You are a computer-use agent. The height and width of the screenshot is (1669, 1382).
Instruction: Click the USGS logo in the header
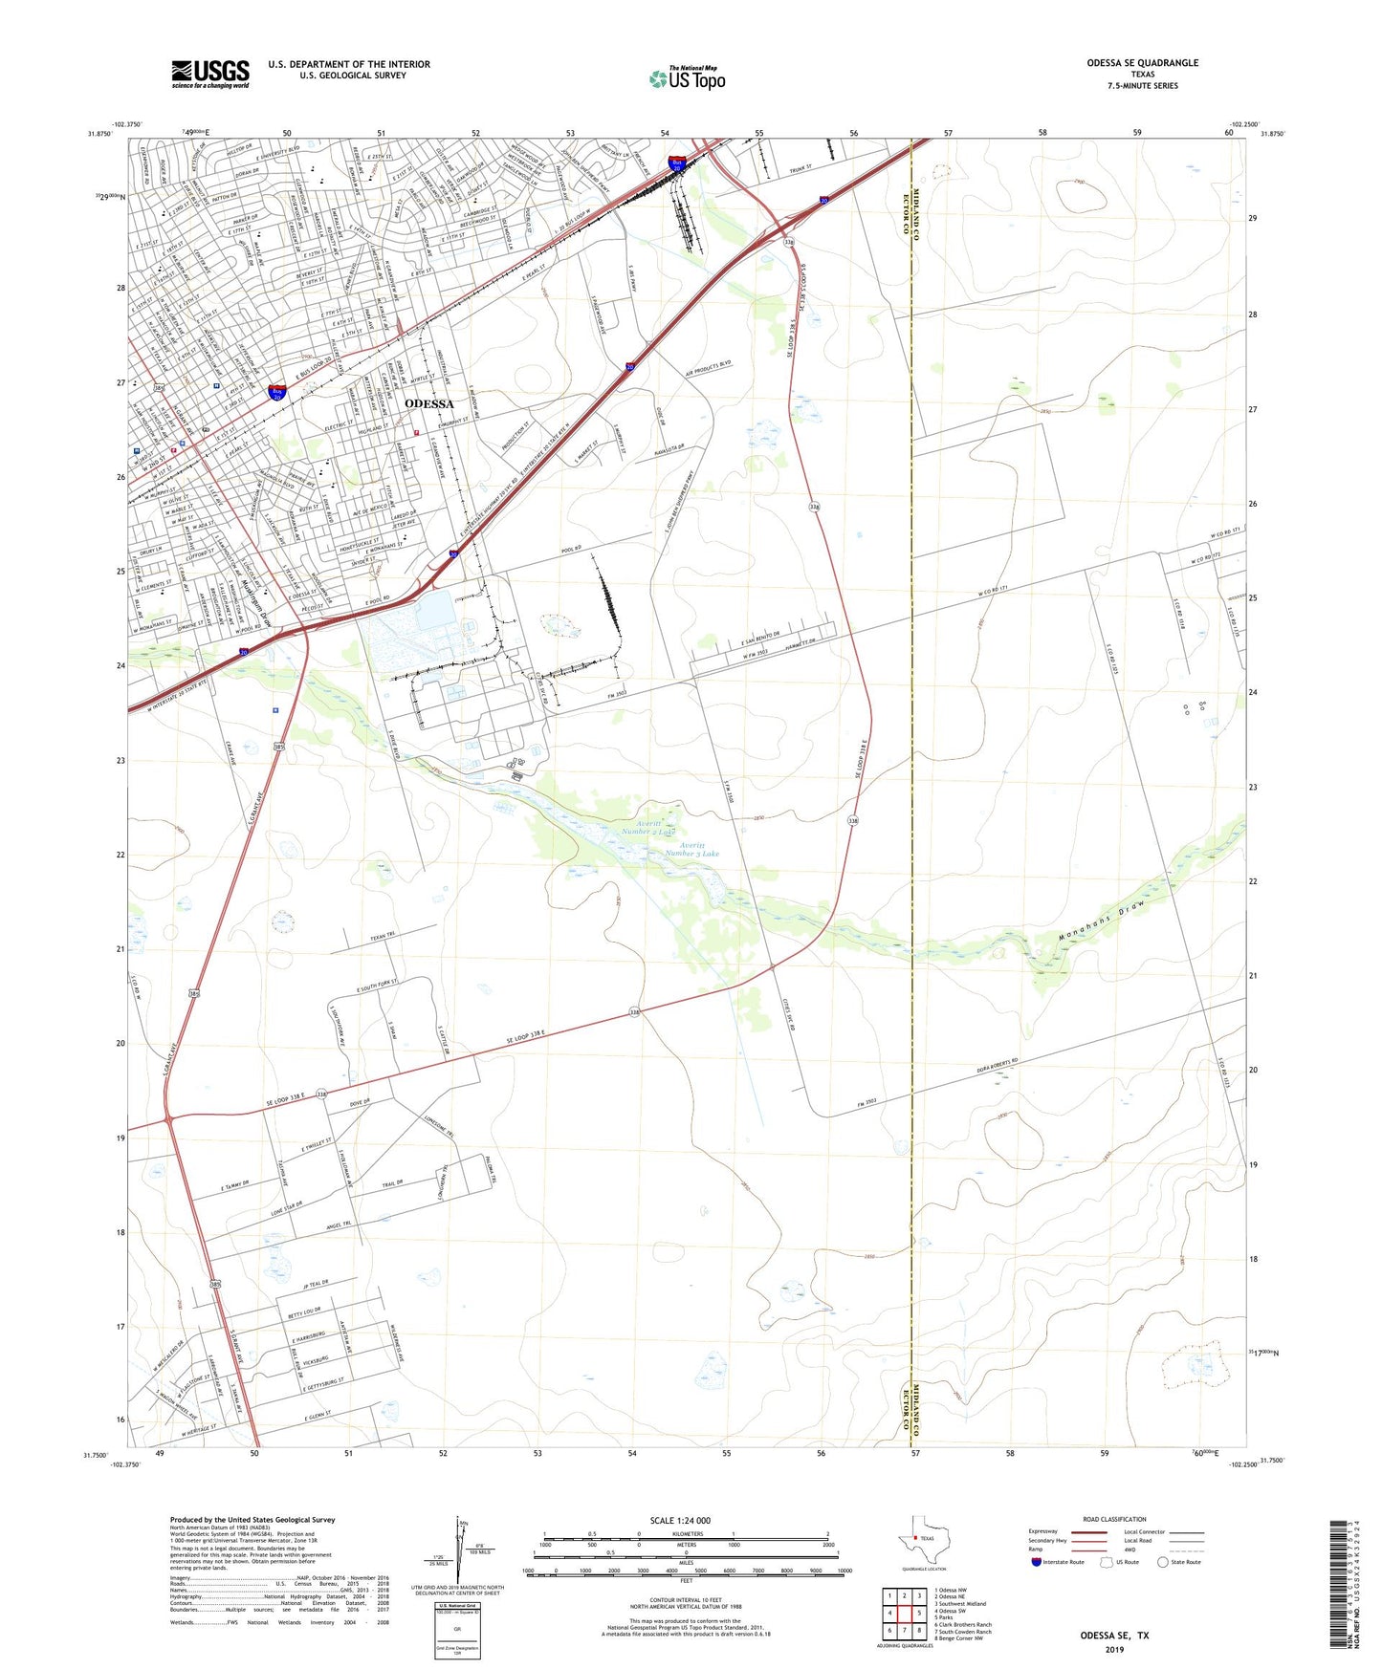[x=210, y=74]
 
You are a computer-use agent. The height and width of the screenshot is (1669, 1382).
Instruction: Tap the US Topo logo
[x=687, y=78]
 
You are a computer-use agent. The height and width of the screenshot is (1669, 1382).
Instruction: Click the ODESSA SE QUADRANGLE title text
[x=1142, y=63]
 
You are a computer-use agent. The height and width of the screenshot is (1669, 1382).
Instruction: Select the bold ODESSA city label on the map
[x=429, y=404]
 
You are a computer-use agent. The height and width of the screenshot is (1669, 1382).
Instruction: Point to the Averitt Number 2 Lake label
[x=643, y=828]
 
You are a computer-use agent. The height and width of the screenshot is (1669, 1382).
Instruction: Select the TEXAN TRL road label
[x=383, y=936]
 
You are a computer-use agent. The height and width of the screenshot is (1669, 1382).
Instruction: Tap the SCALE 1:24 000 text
[x=680, y=1520]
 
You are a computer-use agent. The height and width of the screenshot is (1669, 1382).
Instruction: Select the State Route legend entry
[x=1178, y=1562]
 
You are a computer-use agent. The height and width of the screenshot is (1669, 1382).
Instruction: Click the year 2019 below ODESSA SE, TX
[x=1114, y=1649]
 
